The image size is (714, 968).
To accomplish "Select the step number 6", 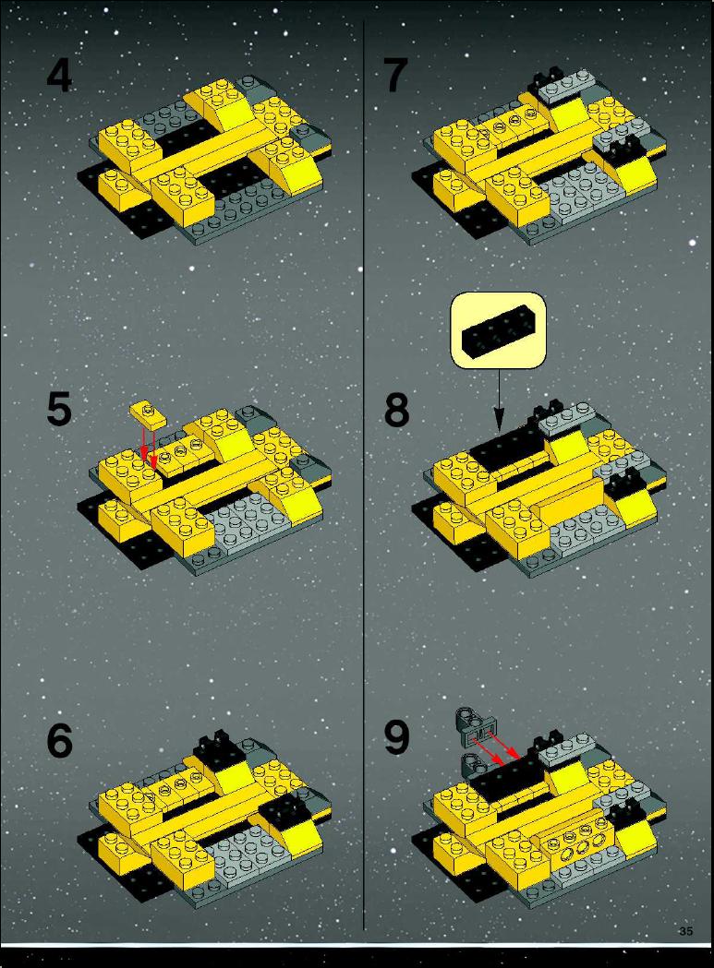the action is [x=59, y=740].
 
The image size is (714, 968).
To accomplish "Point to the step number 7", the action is [x=395, y=75].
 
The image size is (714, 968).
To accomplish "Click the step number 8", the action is [x=396, y=410].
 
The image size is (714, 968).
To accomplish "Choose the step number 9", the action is [x=396, y=737].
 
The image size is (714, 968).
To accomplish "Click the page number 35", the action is [x=685, y=931].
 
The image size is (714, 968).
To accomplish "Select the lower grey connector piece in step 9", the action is [x=475, y=763].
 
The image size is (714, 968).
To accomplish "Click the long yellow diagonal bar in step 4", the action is [x=199, y=148].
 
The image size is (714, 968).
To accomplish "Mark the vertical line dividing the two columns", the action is [x=364, y=475].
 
